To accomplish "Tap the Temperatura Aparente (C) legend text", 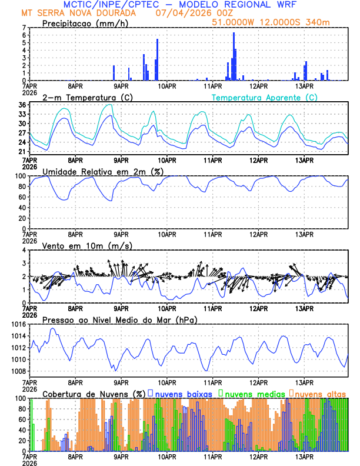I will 264,97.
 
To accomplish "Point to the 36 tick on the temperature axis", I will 22,105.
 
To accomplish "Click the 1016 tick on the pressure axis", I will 16,324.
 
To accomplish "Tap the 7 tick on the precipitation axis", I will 24,28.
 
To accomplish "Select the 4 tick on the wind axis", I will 24,250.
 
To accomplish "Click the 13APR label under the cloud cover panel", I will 304,457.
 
